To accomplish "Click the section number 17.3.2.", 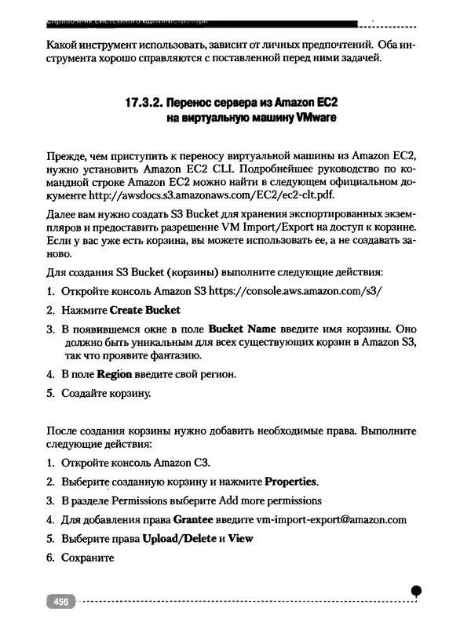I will pyautogui.click(x=148, y=103).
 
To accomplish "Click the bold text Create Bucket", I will pyautogui.click(x=145, y=310).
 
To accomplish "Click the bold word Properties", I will pyautogui.click(x=291, y=481).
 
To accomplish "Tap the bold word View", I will pyautogui.click(x=240, y=539).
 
